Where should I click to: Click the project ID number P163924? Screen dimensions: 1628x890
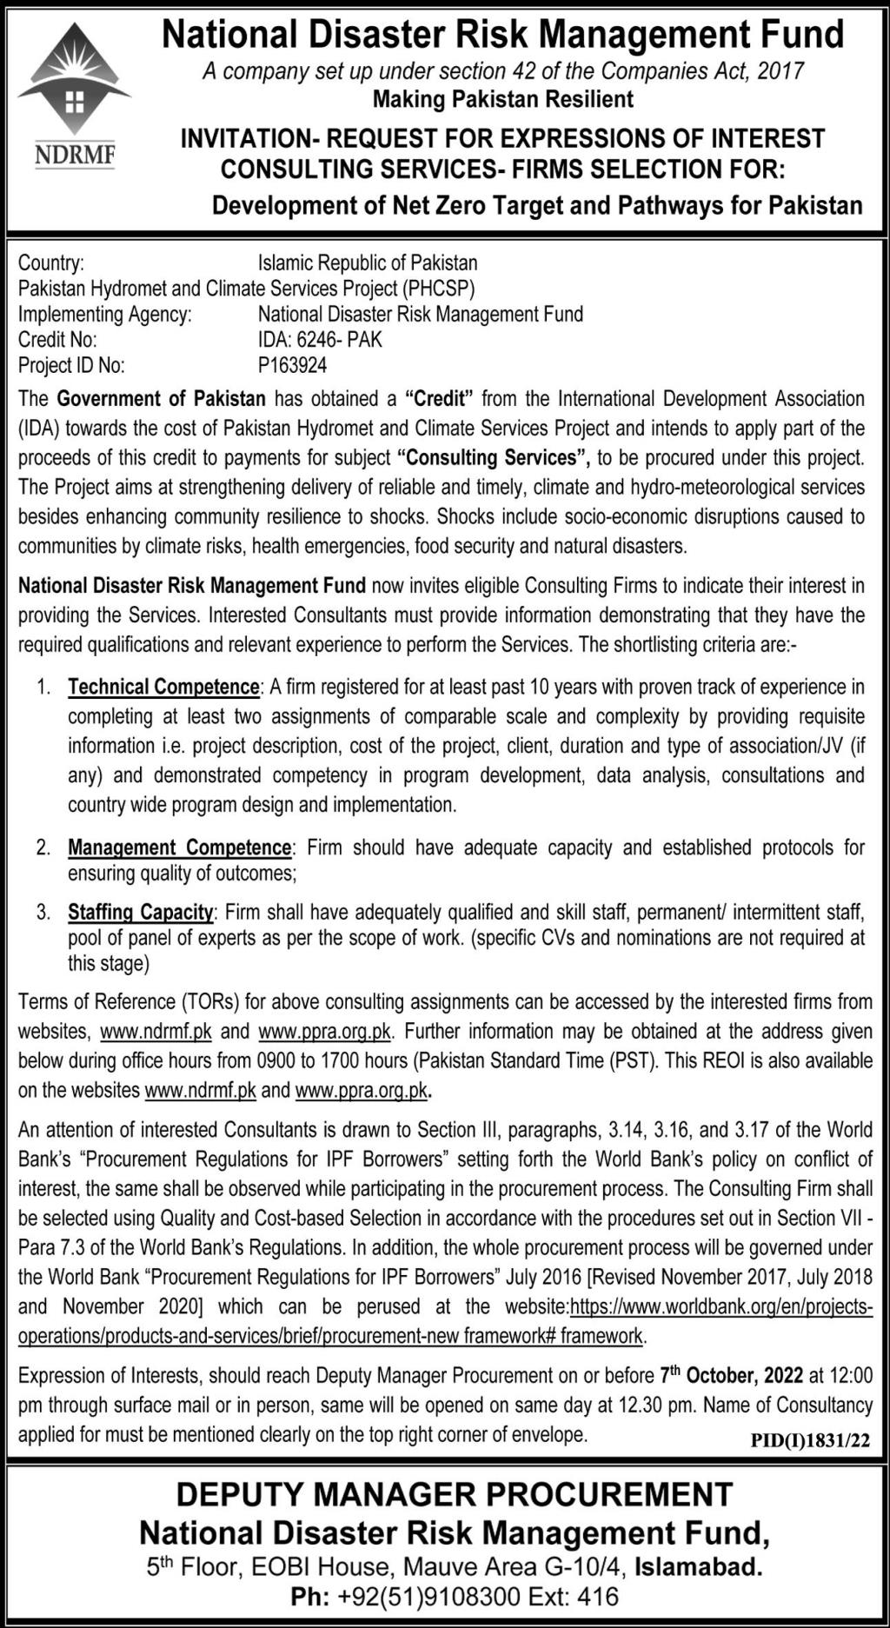(292, 366)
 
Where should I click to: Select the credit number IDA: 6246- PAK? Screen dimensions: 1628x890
(320, 340)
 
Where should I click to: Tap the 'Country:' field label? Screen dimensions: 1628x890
(51, 262)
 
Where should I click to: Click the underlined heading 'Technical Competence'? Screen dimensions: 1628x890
(163, 688)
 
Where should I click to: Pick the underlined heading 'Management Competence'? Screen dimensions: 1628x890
(179, 847)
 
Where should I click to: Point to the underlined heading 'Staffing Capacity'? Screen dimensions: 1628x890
(140, 912)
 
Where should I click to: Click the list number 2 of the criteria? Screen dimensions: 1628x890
(43, 847)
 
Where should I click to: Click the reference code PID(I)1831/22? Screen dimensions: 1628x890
(810, 1440)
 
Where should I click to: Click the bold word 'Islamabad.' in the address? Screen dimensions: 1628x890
(699, 1567)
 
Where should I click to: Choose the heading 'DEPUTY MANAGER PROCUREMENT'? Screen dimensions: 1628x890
(455, 1494)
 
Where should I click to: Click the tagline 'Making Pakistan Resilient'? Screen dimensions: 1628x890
(503, 100)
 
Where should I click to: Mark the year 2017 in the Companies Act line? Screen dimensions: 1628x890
(780, 70)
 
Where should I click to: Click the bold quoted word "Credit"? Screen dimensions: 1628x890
(439, 399)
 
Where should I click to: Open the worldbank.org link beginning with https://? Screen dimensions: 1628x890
(721, 1306)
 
